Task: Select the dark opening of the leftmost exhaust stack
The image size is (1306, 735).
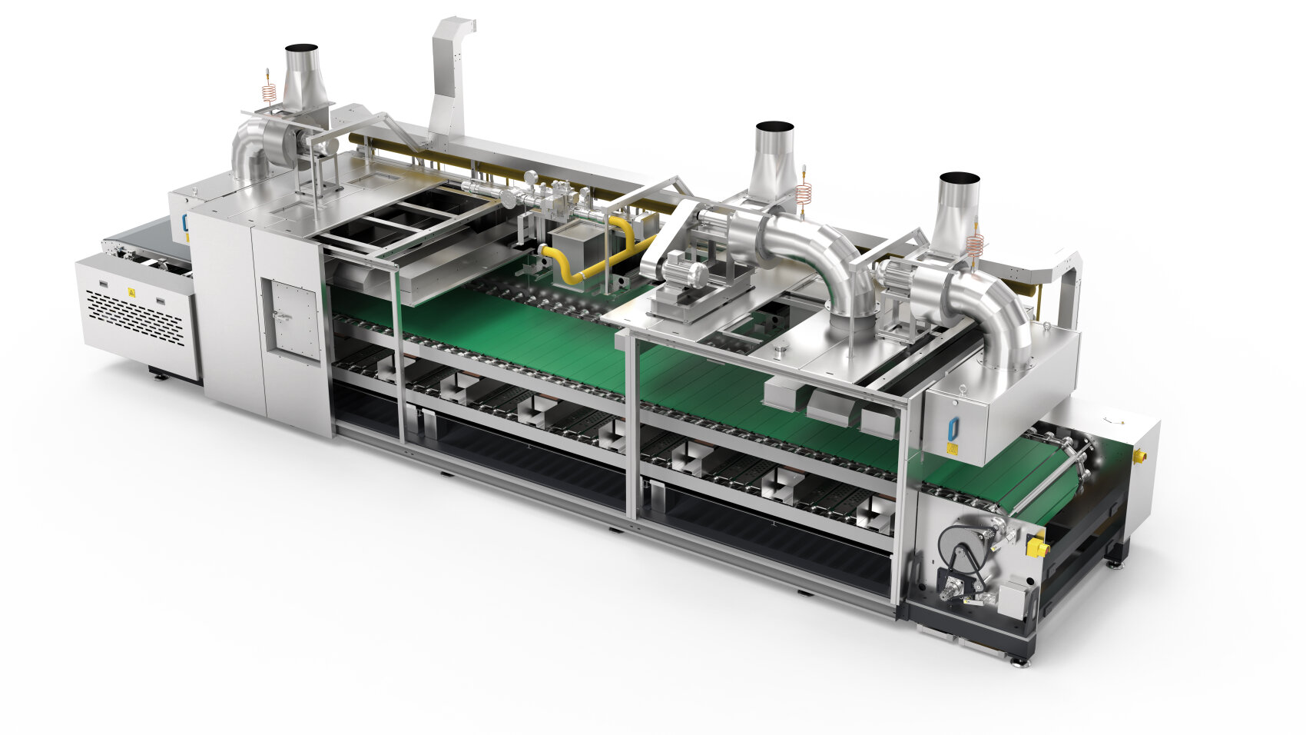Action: point(301,48)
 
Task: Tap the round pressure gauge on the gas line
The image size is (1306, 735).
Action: point(509,198)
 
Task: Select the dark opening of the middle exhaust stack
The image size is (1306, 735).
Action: point(774,126)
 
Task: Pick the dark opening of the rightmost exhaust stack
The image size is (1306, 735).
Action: point(960,178)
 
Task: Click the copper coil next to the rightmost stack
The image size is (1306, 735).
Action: point(975,244)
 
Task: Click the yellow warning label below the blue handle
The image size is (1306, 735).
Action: point(951,448)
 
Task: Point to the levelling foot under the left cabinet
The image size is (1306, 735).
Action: point(159,376)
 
